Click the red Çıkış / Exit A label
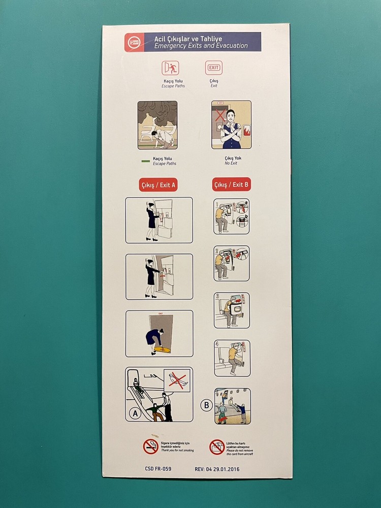click(158, 185)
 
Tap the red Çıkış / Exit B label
click(231, 185)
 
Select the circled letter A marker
click(136, 414)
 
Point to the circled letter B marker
click(206, 405)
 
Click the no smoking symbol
click(151, 447)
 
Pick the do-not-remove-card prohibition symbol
click(217, 447)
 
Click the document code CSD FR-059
click(157, 469)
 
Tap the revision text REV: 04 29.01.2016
click(217, 469)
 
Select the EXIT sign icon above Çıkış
click(214, 68)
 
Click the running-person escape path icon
click(170, 68)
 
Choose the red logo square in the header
click(134, 42)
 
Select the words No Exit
click(231, 164)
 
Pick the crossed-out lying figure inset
click(177, 380)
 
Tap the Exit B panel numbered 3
click(232, 310)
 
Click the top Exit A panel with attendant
click(159, 220)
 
